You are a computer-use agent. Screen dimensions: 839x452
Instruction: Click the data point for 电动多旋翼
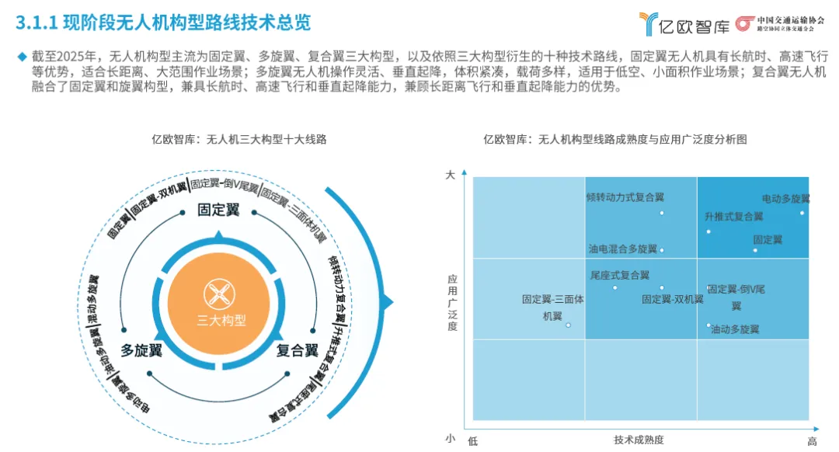click(x=802, y=213)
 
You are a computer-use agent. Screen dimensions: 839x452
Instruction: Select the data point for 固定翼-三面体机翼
click(x=568, y=325)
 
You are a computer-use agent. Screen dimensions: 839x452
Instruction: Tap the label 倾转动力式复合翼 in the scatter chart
click(x=625, y=197)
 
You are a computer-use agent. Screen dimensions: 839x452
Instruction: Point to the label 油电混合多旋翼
click(x=622, y=249)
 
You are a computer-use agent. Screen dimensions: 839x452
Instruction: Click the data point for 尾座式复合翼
click(x=615, y=287)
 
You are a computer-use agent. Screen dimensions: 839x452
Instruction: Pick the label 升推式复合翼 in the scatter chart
click(x=734, y=217)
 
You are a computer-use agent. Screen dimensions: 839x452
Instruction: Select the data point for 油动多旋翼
click(x=708, y=325)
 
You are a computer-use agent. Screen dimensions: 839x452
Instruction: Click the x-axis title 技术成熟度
click(x=639, y=440)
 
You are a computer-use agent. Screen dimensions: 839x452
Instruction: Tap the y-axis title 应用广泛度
click(x=453, y=302)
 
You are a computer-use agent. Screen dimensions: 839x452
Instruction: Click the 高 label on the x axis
click(x=812, y=441)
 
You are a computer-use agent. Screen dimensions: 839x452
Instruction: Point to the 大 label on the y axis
click(x=450, y=176)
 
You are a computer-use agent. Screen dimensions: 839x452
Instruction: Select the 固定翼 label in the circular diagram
click(x=218, y=210)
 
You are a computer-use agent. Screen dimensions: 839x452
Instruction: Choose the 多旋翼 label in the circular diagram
click(x=141, y=350)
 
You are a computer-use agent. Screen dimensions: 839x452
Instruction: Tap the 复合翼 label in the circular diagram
click(x=298, y=350)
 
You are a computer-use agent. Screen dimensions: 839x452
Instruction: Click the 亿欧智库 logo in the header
click(x=684, y=24)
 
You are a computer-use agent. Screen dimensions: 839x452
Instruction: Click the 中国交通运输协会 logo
click(x=781, y=24)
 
